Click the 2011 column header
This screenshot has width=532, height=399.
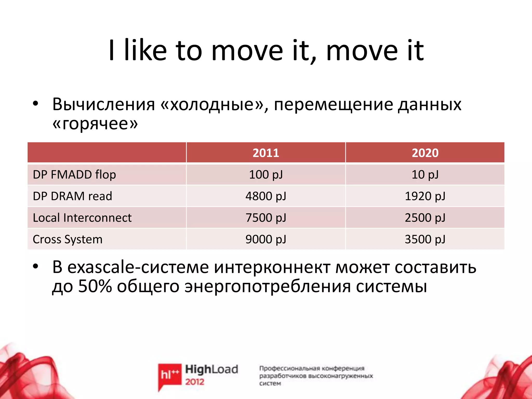[x=266, y=153]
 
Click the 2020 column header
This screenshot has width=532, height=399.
[x=425, y=153]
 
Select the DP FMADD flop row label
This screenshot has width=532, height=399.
[x=74, y=175]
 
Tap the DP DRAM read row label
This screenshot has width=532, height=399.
[x=72, y=196]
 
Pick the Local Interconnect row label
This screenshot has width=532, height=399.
[x=82, y=218]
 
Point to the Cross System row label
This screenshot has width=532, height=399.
[x=68, y=239]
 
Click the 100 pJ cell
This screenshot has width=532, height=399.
[x=266, y=175]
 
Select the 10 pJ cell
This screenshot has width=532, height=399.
[x=425, y=175]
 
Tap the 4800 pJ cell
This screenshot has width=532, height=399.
[x=266, y=196]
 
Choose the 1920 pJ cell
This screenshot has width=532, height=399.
[x=425, y=196]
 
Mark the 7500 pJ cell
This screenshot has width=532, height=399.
[x=266, y=218]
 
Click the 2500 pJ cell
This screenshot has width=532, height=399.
[x=425, y=218]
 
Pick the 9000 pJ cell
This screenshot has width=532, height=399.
[x=266, y=239]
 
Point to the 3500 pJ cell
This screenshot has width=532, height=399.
[x=425, y=239]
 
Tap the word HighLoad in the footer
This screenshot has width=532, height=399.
[x=211, y=369]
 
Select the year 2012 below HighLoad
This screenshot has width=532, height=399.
[x=195, y=382]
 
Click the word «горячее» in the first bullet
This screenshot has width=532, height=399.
[x=95, y=124]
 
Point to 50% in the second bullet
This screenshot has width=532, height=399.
[x=95, y=286]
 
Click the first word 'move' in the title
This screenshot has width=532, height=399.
[x=247, y=51]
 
